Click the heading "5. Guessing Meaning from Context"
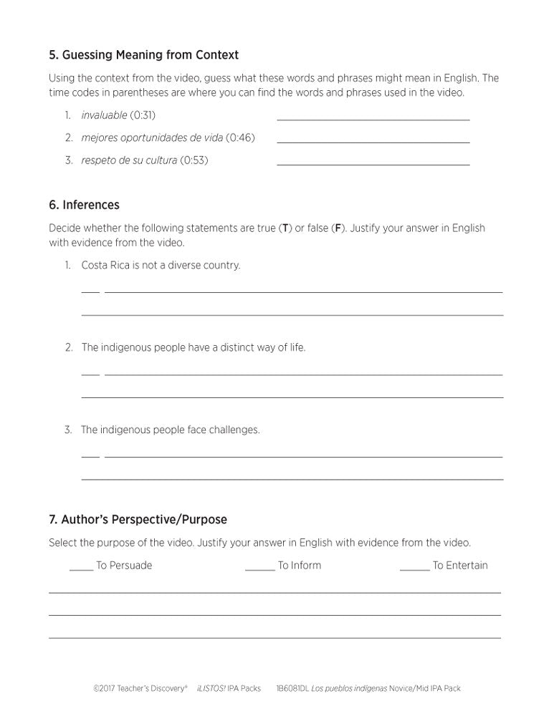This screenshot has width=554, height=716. click(x=143, y=55)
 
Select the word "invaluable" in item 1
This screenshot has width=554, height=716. click(x=104, y=115)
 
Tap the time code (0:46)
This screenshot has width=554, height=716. click(x=240, y=137)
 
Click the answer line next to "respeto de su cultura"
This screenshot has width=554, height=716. click(x=373, y=164)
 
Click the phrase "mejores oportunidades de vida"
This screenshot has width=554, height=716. click(x=152, y=137)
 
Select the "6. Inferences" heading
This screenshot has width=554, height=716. click(x=84, y=205)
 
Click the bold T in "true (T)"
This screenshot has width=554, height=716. click(x=285, y=228)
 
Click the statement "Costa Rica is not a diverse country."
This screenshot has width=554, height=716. click(x=161, y=265)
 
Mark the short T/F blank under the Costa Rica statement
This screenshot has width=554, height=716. click(x=90, y=291)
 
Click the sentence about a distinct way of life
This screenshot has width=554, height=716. click(x=193, y=347)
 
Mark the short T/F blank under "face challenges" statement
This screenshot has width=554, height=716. click(x=90, y=455)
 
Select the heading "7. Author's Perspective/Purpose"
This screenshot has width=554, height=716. click(x=138, y=519)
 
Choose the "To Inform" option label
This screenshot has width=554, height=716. click(x=300, y=566)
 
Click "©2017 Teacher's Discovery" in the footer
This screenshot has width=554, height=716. click(x=140, y=689)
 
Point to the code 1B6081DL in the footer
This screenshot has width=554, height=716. click(x=292, y=689)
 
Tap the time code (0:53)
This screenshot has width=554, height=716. click(x=194, y=160)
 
